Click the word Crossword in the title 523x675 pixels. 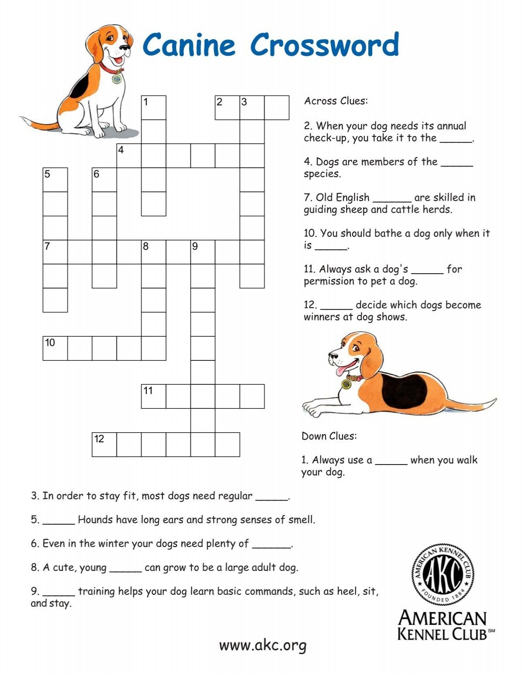pyautogui.click(x=324, y=44)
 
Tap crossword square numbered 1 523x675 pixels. pyautogui.click(x=153, y=108)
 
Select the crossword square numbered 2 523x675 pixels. pyautogui.click(x=227, y=108)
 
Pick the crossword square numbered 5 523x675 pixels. pyautogui.click(x=55, y=180)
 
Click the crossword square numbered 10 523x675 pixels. pyautogui.click(x=55, y=348)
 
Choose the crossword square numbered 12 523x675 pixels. pyautogui.click(x=104, y=444)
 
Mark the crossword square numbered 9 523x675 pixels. pyautogui.click(x=203, y=252)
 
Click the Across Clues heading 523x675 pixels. pyautogui.click(x=336, y=101)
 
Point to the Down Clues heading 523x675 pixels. pyautogui.click(x=329, y=436)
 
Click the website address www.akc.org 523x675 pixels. pyautogui.click(x=263, y=645)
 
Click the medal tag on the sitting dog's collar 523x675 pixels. pyautogui.click(x=117, y=79)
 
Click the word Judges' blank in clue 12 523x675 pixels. pyautogui.click(x=336, y=305)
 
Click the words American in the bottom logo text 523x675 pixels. pyautogui.click(x=442, y=619)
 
